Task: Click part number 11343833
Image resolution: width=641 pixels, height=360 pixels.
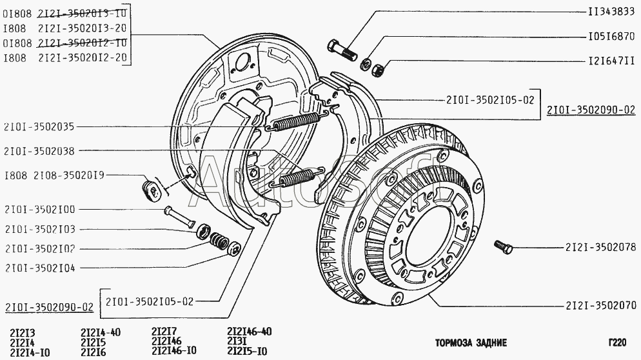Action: [612, 12]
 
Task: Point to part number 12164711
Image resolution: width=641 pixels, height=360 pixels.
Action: [612, 62]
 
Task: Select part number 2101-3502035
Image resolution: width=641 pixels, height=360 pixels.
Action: [39, 126]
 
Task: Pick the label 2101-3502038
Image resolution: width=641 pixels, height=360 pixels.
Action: [39, 152]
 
